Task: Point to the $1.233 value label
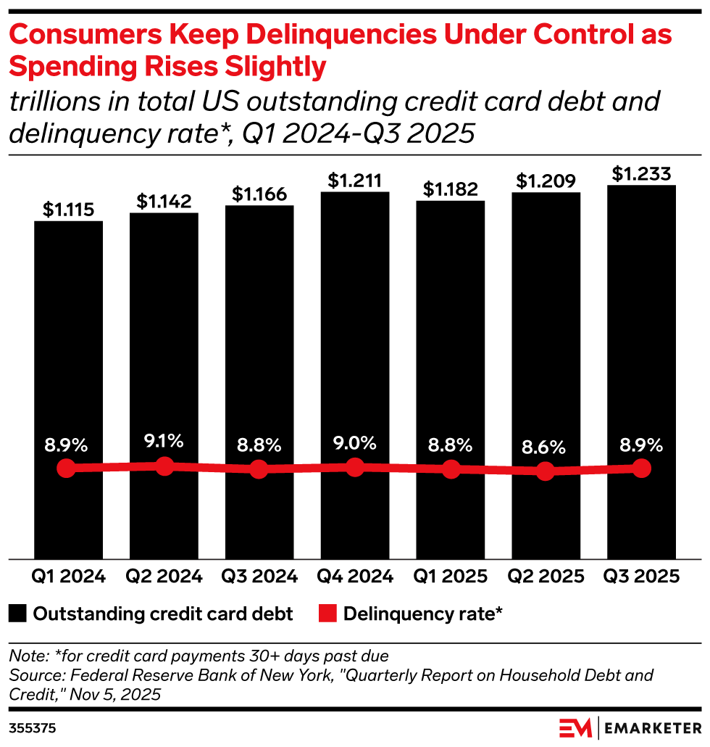point(641,174)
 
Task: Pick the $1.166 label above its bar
point(259,194)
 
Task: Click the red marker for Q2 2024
point(164,466)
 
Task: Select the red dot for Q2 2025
point(546,472)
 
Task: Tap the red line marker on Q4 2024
point(355,467)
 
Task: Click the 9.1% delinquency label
point(164,440)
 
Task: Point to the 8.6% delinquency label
point(546,447)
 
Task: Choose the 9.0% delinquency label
point(355,442)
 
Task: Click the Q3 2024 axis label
point(259,577)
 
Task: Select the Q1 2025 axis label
point(451,577)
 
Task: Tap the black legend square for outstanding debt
point(18,614)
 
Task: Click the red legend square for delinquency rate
point(327,614)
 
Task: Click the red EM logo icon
point(576,726)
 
